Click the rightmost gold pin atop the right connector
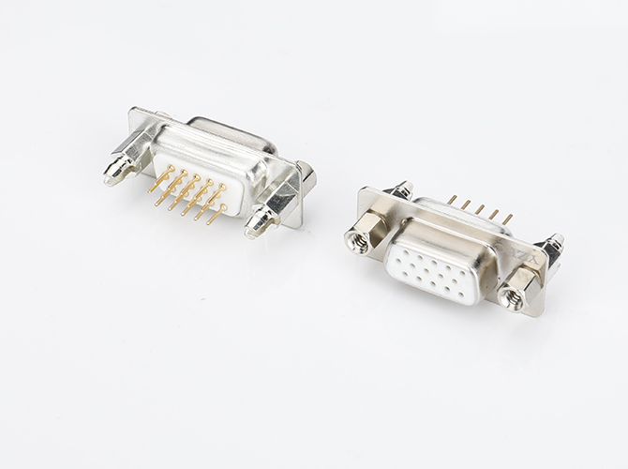[x=508, y=218]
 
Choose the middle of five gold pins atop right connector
[x=480, y=208]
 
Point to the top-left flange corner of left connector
[x=135, y=114]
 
